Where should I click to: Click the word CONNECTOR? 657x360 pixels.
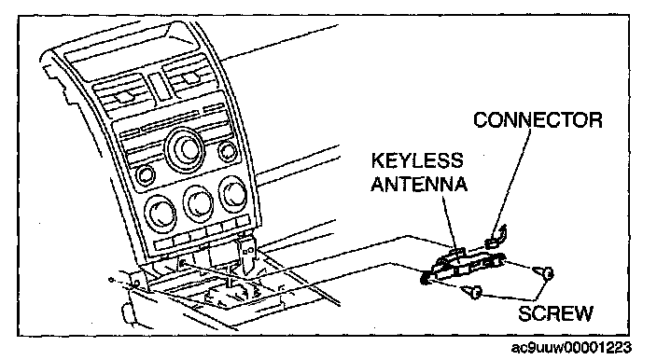[538, 120]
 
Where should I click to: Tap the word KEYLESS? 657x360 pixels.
[417, 160]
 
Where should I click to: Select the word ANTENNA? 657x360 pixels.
[419, 184]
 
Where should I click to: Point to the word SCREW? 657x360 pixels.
[555, 313]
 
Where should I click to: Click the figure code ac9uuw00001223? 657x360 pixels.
[571, 348]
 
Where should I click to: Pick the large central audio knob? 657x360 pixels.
[186, 149]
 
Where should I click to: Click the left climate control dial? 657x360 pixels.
[161, 213]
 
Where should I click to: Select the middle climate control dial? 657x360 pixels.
[199, 202]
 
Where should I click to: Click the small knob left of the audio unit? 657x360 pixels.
[145, 175]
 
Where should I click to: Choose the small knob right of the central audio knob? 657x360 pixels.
[227, 151]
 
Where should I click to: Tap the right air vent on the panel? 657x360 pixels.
[191, 77]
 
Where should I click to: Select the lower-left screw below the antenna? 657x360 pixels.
[472, 291]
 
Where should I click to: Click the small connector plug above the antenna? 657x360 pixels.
[496, 237]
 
